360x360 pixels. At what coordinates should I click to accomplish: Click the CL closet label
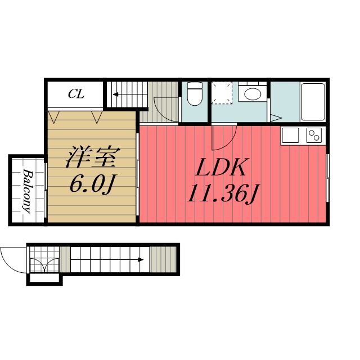(x=76, y=94)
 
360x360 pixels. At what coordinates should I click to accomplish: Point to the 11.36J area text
(x=223, y=193)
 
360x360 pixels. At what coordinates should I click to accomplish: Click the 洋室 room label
(x=93, y=156)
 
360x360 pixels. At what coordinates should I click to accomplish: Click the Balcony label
(x=28, y=191)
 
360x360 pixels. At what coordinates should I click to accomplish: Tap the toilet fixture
(x=195, y=94)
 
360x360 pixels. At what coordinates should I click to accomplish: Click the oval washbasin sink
(x=253, y=94)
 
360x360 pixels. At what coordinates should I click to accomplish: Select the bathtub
(x=313, y=102)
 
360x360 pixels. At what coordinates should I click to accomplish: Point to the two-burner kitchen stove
(x=314, y=136)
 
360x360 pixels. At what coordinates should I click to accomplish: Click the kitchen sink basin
(x=290, y=135)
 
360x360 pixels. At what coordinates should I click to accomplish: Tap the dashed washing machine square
(x=222, y=93)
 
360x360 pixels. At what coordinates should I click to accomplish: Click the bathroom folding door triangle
(x=276, y=118)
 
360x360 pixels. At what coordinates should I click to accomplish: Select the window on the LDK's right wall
(x=327, y=178)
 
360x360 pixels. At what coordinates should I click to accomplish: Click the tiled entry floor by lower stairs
(x=44, y=260)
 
